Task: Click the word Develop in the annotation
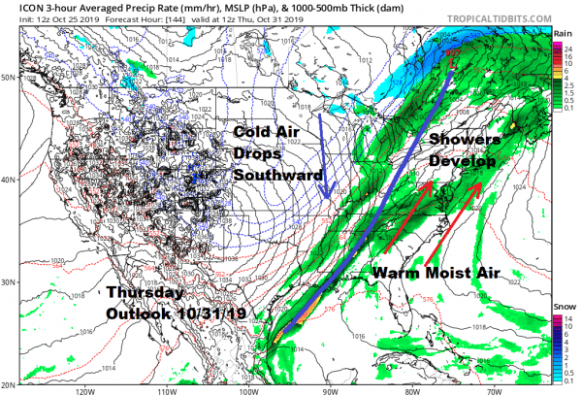(x=465, y=162)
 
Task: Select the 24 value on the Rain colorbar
(x=560, y=50)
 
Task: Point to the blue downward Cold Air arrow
(x=325, y=155)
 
